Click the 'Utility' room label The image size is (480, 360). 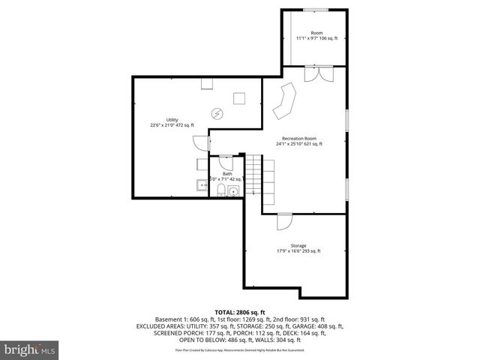click(x=172, y=120)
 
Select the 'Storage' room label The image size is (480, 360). click(x=298, y=246)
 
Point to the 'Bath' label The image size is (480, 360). click(x=227, y=174)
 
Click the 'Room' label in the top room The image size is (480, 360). click(x=316, y=33)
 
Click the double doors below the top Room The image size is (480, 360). click(x=316, y=74)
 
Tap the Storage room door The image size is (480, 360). click(x=284, y=222)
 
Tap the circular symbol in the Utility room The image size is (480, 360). click(x=217, y=114)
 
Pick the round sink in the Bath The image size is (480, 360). click(x=234, y=191)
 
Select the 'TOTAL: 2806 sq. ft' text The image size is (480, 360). click(x=239, y=310)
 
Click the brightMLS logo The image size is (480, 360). click(x=30, y=349)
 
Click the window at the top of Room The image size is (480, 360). click(x=316, y=9)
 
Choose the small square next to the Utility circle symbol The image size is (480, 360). click(x=240, y=97)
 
